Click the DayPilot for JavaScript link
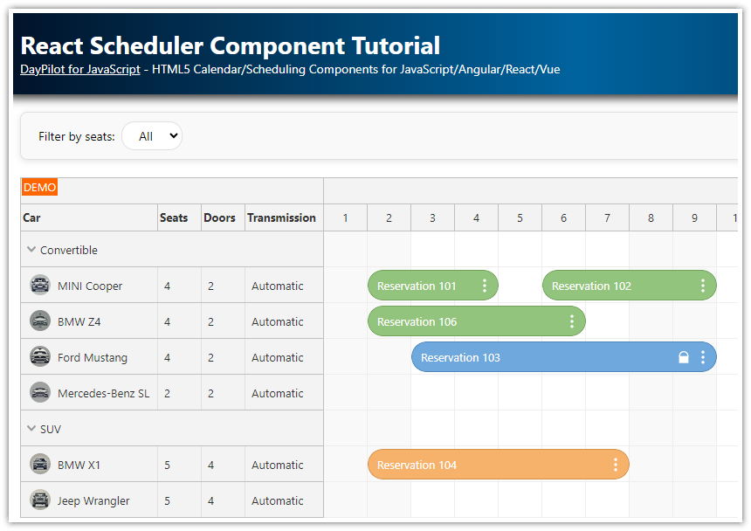[x=80, y=69]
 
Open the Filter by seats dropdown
[x=152, y=136]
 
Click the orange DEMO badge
[x=39, y=188]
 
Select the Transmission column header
[x=281, y=217]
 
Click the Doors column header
[x=219, y=217]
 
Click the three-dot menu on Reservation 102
[x=703, y=286]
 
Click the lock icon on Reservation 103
[x=684, y=357]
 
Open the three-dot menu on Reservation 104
[x=616, y=465]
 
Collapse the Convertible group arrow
[x=31, y=250]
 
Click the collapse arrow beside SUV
[x=31, y=429]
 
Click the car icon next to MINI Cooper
[x=40, y=285]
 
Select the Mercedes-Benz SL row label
[x=103, y=393]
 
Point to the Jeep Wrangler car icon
[x=40, y=500]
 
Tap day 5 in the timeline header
[x=520, y=217]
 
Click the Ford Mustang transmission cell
[x=278, y=357]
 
